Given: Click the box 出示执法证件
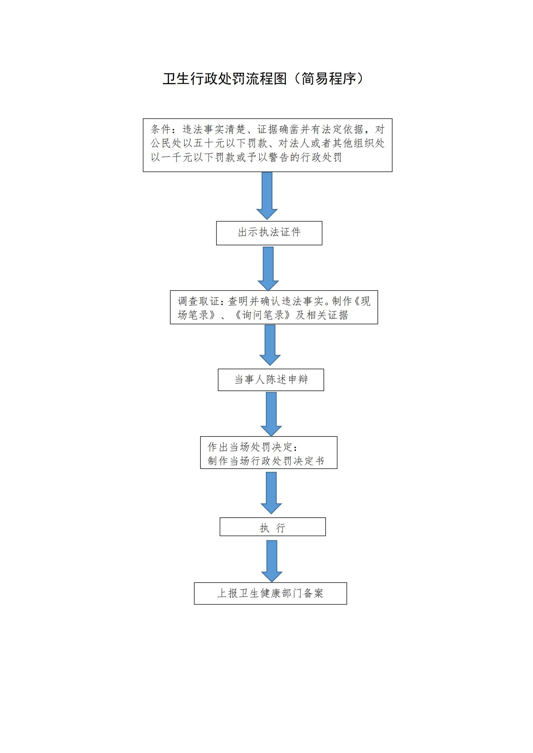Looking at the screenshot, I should (x=269, y=233).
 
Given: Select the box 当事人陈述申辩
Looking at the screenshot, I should (x=271, y=380).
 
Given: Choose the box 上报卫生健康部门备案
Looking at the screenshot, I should (x=270, y=593).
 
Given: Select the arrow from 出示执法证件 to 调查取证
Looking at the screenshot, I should (x=268, y=268).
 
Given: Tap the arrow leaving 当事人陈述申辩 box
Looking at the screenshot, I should (x=271, y=414).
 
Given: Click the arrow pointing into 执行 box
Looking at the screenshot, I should (x=271, y=493).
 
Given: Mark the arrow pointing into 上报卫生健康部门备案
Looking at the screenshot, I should (x=272, y=561).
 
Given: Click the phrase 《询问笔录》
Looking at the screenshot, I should (x=263, y=315).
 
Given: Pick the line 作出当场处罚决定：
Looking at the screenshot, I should (x=253, y=447).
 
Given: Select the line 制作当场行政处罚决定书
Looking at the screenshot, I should (x=266, y=461).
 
